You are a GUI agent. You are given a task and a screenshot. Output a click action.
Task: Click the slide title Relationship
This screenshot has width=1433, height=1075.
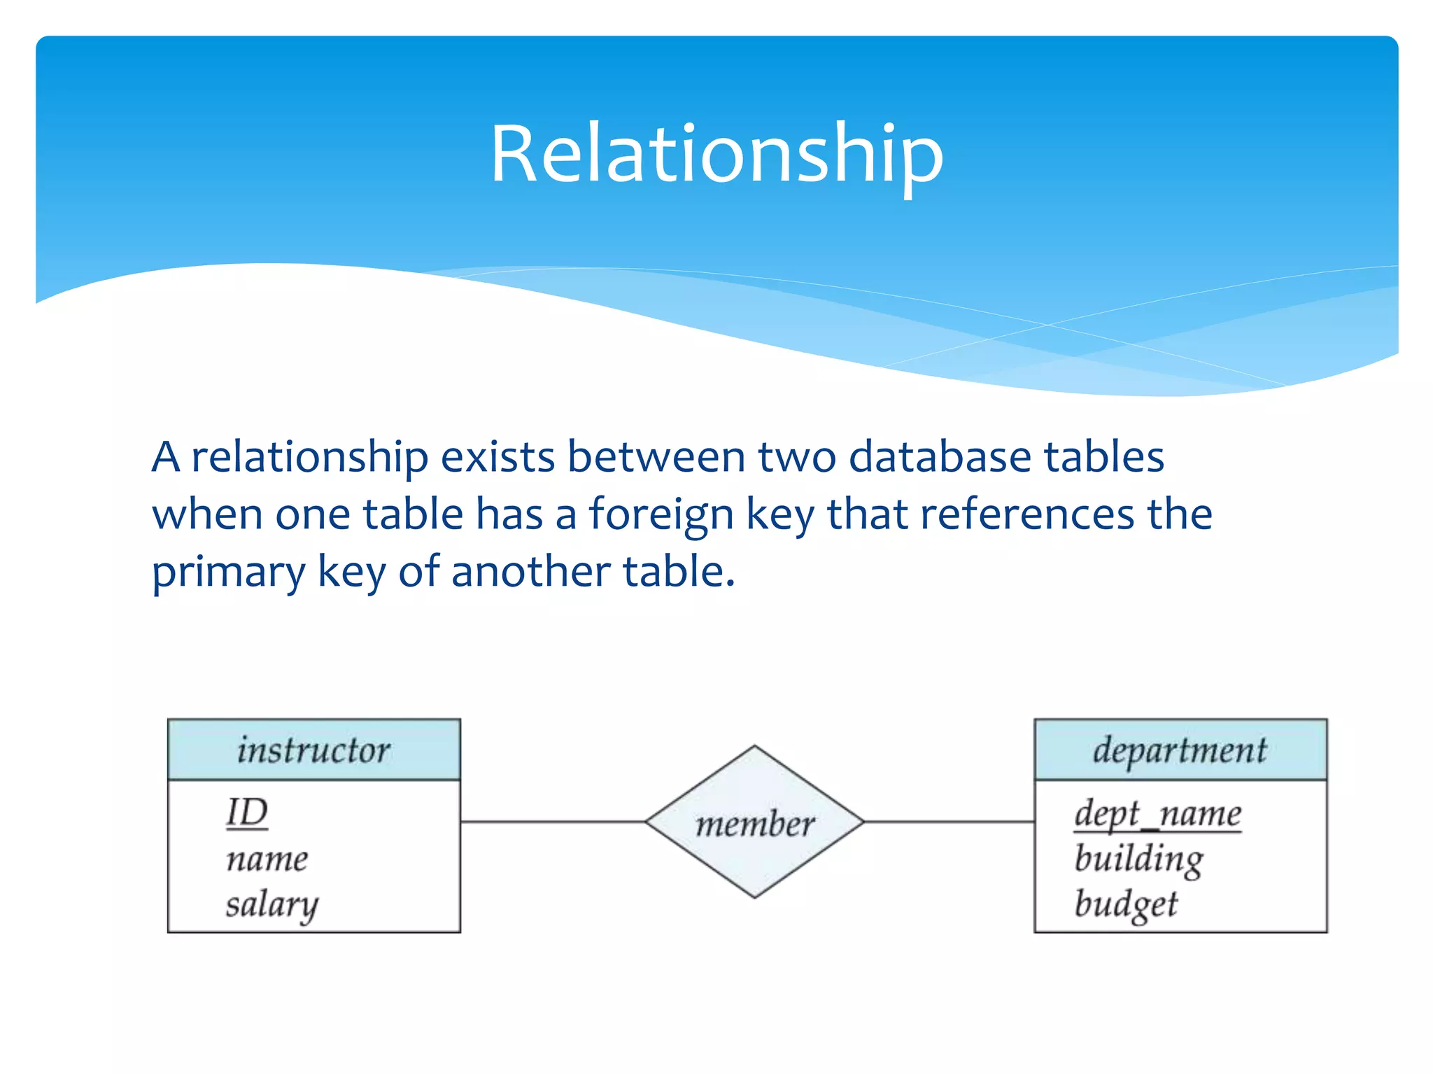tap(716, 154)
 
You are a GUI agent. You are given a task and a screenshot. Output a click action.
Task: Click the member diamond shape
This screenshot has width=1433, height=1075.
tap(754, 822)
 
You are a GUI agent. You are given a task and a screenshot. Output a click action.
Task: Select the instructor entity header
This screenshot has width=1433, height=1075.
tap(313, 750)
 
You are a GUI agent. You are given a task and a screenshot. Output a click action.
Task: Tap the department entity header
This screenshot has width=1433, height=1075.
tap(1180, 750)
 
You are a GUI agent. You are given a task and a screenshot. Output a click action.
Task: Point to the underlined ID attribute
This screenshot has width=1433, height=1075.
tap(247, 813)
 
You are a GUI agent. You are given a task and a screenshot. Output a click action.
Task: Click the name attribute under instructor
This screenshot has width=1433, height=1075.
tap(267, 859)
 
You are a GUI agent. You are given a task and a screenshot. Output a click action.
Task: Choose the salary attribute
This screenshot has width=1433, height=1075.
tap(271, 904)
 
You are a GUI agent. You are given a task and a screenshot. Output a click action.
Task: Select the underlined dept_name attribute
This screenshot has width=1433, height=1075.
tap(1157, 813)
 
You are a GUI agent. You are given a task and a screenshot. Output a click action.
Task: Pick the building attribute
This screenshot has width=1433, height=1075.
tap(1138, 859)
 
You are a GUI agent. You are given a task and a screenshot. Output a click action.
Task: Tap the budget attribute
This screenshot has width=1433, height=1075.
tap(1126, 904)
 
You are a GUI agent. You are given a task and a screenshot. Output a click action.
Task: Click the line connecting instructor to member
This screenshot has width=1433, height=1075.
tap(553, 822)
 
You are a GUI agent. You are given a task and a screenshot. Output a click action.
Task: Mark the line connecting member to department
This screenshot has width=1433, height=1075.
tap(950, 822)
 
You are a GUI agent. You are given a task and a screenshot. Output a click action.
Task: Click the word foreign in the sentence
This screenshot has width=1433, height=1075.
tap(661, 514)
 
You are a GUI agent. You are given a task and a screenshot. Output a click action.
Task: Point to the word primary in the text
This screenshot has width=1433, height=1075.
tap(228, 572)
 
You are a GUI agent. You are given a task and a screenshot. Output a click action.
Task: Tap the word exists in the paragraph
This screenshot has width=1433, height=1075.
tap(497, 457)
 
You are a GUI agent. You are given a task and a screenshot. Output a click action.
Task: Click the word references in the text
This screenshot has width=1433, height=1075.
tap(1026, 514)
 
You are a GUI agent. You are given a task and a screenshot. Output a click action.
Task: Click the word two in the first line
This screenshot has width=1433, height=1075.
tap(797, 457)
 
